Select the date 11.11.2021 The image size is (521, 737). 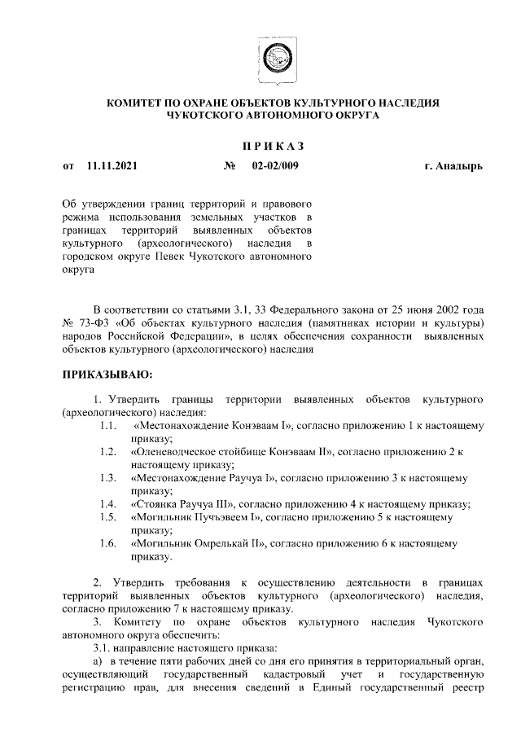point(112,166)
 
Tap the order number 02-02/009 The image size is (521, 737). point(276,166)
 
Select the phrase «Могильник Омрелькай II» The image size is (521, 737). point(197,542)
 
